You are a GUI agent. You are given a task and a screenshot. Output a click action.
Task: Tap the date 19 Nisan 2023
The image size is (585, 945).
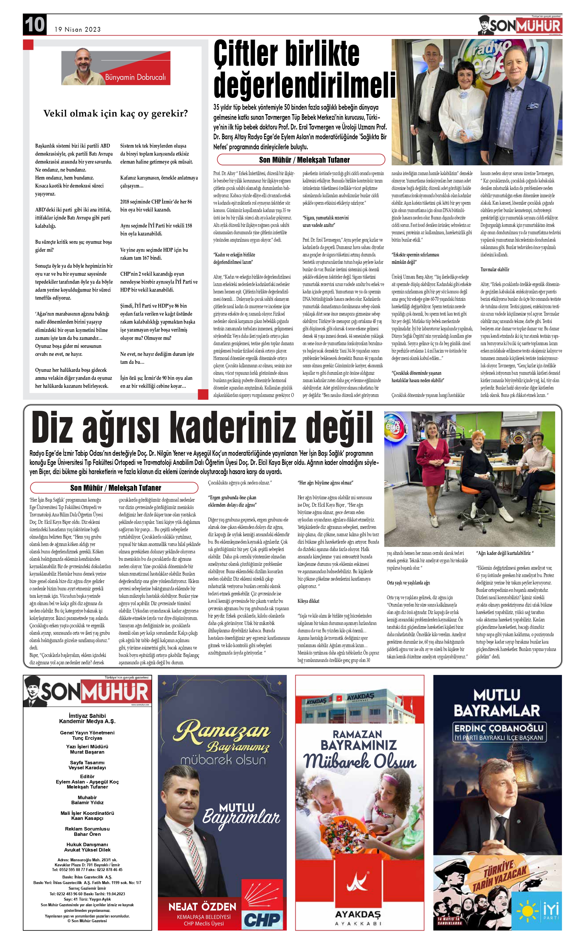(x=77, y=29)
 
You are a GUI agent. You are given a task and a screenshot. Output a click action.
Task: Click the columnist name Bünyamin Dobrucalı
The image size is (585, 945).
(x=135, y=77)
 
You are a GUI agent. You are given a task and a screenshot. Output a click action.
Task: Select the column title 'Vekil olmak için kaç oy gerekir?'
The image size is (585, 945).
(x=115, y=114)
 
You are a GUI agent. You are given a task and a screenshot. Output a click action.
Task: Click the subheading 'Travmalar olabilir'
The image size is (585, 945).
(x=495, y=269)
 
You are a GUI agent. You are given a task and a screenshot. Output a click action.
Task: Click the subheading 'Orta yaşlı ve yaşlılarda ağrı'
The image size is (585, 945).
(x=408, y=583)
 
